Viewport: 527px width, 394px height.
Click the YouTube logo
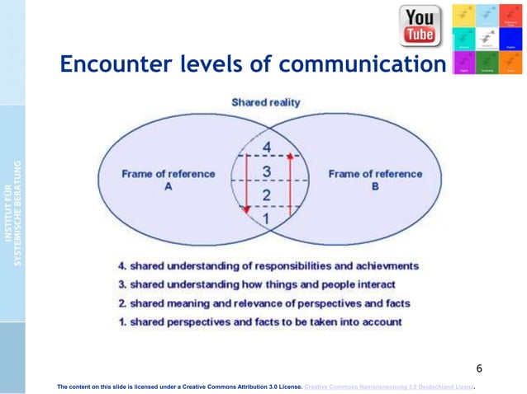pyautogui.click(x=420, y=26)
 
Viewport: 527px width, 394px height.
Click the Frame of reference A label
pyautogui.click(x=168, y=180)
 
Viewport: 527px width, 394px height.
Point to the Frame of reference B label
pyautogui.click(x=375, y=180)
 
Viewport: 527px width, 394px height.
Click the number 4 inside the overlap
pyautogui.click(x=267, y=148)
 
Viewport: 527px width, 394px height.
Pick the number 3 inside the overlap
pyautogui.click(x=267, y=171)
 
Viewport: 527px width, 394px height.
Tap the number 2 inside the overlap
pyautogui.click(x=267, y=195)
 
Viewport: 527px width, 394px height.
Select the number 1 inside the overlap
pyautogui.click(x=267, y=218)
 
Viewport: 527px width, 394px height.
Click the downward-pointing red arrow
pyautogui.click(x=245, y=185)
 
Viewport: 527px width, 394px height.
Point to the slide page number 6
pyautogui.click(x=479, y=368)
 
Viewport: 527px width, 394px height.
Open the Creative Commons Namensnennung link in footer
pyautogui.click(x=392, y=385)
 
